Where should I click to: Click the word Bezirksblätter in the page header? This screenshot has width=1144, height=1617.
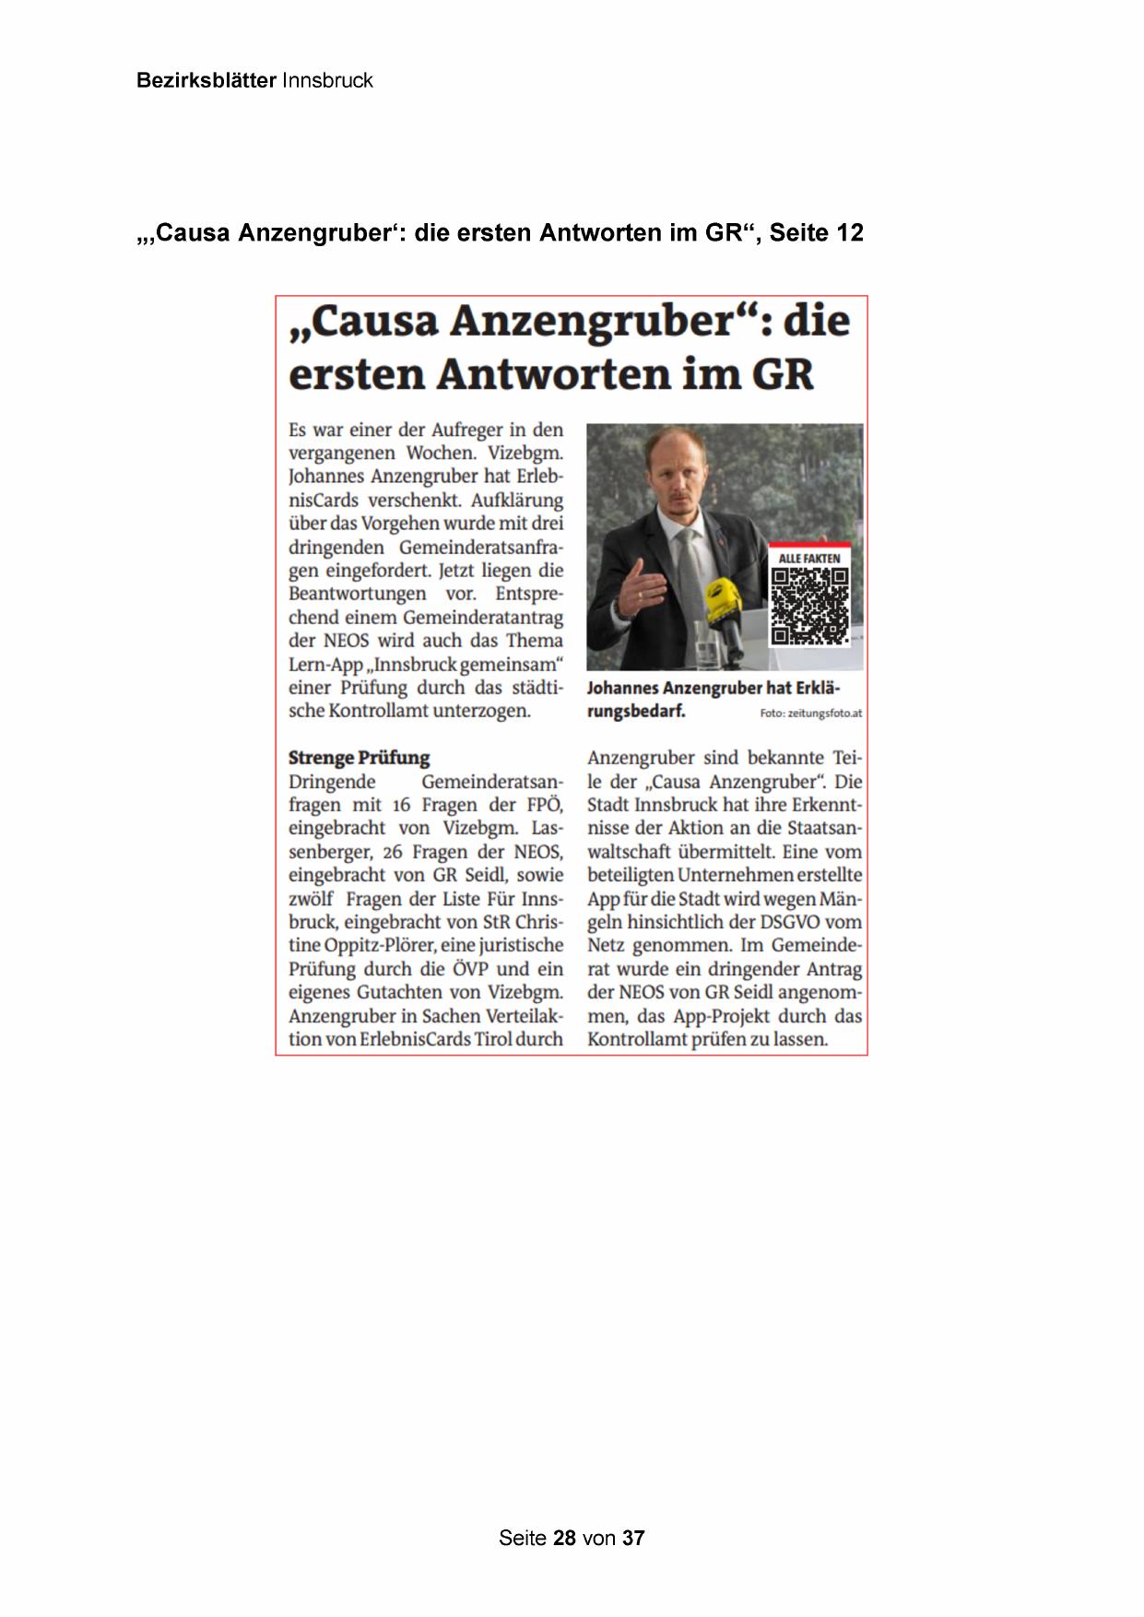pos(206,80)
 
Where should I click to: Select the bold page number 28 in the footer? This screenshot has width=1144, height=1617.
pos(564,1538)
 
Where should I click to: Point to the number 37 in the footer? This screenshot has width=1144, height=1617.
pos(633,1538)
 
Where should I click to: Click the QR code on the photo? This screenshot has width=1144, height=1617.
pos(809,606)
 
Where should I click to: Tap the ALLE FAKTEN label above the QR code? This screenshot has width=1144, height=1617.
pos(809,559)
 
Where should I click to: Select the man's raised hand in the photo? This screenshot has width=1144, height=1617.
pos(643,587)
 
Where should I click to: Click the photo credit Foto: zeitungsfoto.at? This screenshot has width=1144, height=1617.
pos(810,714)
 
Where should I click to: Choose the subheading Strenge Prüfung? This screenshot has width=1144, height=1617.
pos(360,758)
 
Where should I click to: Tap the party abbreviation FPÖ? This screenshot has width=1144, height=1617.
pos(544,805)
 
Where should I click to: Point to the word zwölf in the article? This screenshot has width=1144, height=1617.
pos(311,899)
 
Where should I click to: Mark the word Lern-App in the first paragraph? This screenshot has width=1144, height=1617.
pos(325,665)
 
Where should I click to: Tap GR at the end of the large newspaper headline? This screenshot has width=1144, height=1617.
pos(783,374)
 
